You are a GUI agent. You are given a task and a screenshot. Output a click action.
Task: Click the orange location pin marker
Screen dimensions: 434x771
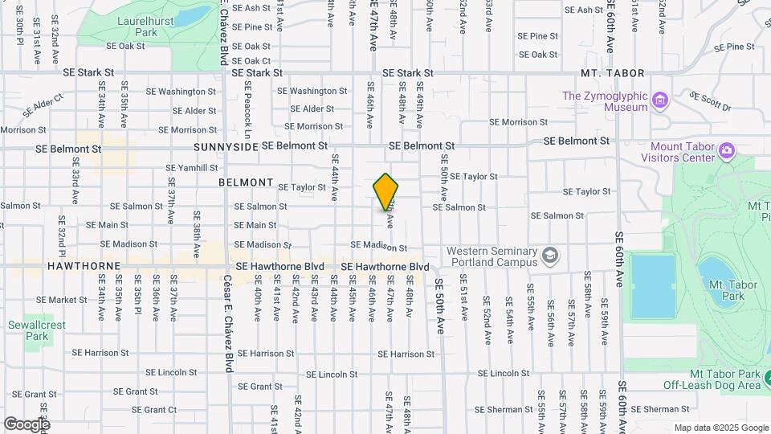385,191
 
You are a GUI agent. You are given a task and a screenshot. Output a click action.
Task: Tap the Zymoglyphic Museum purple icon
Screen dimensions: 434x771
661,100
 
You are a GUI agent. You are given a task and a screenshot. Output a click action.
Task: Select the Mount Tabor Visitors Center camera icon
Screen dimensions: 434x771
726,150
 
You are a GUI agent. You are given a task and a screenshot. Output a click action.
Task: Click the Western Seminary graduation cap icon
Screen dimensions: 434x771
550,256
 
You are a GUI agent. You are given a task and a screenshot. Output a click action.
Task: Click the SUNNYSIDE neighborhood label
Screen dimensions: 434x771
226,148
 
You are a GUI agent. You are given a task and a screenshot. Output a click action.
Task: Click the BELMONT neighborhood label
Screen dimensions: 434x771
247,182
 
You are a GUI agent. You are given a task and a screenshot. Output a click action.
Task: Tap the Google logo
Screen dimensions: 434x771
27,424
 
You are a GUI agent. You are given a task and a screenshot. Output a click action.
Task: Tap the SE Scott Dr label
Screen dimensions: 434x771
710,101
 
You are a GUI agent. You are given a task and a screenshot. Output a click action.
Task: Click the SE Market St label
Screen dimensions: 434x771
62,300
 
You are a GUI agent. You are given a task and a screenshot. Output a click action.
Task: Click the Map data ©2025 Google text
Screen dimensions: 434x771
720,428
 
